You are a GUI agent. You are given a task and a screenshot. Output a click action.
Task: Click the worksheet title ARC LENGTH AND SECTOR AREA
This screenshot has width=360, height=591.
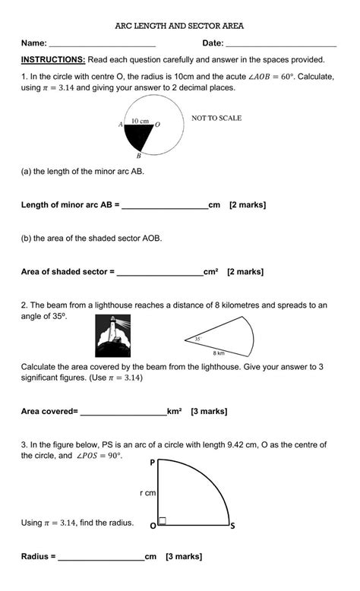[x=179, y=26]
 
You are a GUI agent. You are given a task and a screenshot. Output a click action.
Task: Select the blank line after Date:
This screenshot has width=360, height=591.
[x=281, y=45]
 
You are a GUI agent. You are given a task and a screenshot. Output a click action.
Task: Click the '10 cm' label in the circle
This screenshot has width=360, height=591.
[x=140, y=121]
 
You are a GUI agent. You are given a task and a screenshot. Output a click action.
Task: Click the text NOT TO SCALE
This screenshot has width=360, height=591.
[x=216, y=119]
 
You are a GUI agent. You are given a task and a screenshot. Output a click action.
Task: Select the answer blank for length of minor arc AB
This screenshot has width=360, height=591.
[x=165, y=206]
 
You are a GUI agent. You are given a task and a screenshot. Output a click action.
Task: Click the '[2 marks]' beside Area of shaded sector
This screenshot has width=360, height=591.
[x=245, y=271]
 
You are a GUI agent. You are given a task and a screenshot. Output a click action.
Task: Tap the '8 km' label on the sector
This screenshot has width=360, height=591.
[x=219, y=353]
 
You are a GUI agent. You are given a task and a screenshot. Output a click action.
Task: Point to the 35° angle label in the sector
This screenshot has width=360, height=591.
[x=197, y=339]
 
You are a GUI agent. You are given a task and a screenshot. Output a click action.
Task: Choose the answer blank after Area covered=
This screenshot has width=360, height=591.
[x=123, y=412]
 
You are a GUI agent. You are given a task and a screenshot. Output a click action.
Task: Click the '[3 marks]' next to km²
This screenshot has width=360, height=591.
[x=209, y=412]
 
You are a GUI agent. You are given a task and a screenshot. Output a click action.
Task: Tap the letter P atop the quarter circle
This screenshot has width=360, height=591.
[x=153, y=462]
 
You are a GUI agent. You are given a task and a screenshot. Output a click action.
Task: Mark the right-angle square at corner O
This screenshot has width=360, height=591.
[x=163, y=522]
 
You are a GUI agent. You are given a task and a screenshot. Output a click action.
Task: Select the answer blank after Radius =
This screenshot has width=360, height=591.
[x=101, y=558]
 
